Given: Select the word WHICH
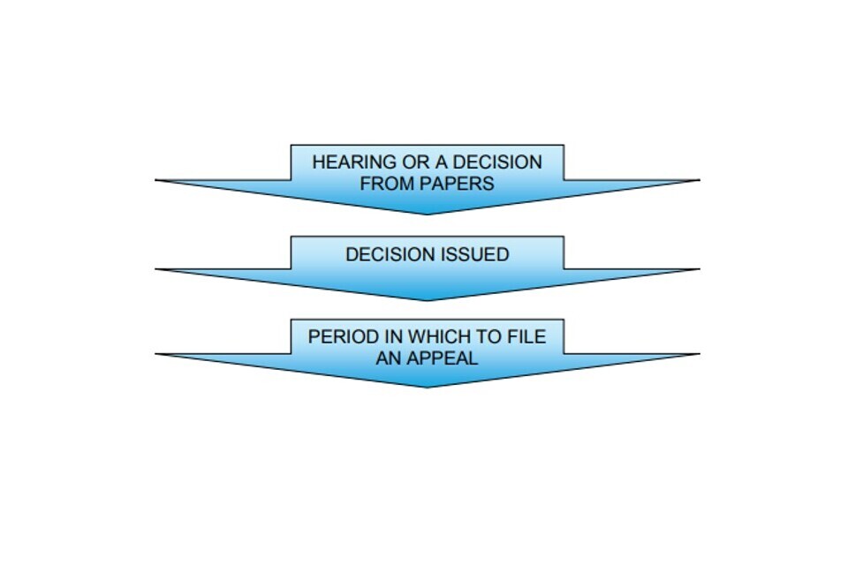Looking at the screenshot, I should click(440, 336).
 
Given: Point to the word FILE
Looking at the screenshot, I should click(526, 336).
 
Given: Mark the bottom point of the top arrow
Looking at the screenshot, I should click(428, 214).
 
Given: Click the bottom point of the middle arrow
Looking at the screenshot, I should click(428, 300).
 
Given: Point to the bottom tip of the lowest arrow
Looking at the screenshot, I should click(428, 387).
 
